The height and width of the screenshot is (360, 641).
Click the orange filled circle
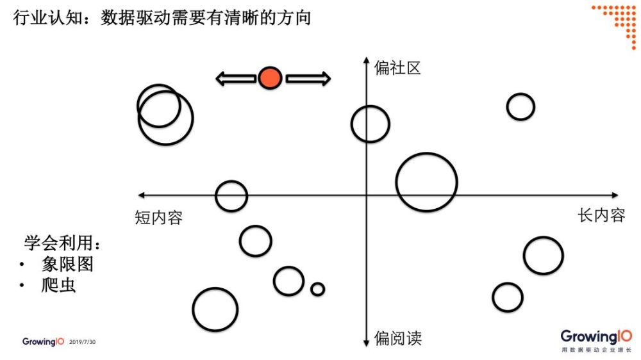pos(270,78)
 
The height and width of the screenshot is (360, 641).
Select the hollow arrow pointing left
pos(236,78)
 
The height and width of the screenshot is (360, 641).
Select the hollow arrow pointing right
pos(308,78)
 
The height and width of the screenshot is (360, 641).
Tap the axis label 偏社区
pos(397,68)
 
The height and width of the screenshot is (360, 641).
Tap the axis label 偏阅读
pos(398,338)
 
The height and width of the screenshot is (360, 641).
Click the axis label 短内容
pos(158,217)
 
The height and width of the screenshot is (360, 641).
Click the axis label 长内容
pos(601,215)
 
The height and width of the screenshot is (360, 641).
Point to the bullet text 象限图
pos(67,264)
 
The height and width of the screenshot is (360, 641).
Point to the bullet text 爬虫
pos(58,285)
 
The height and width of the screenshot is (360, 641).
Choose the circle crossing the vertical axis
pos(370,106)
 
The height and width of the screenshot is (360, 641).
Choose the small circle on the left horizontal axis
pos(231,181)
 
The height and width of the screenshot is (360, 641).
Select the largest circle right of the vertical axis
pos(426,154)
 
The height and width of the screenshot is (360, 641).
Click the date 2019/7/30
pos(82,342)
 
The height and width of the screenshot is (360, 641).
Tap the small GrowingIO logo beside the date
pos(43,341)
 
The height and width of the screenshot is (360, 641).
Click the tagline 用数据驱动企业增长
pos(596,350)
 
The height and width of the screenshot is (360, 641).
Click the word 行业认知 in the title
pos(48,17)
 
